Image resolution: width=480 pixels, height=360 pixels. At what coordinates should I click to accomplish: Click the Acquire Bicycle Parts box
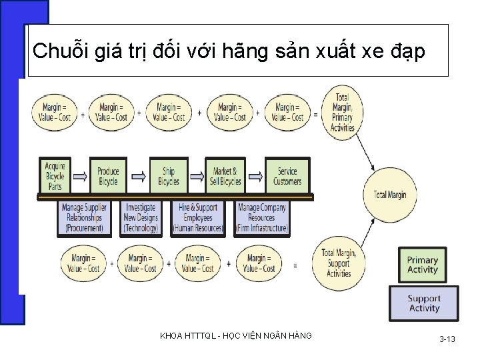pos(55,176)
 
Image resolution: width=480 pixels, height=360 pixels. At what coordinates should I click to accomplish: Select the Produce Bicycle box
pos(108,176)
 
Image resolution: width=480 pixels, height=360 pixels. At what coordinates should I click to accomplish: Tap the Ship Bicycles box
pos(169,176)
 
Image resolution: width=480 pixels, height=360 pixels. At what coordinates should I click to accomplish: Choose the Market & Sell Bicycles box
pos(226,176)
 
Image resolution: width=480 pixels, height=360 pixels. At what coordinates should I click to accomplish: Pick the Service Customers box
pos(287,176)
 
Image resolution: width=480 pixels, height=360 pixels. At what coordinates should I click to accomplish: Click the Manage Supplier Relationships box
pos(84,217)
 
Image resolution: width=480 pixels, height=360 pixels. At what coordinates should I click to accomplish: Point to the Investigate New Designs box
pos(141,217)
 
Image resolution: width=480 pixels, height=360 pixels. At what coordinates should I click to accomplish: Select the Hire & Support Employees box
pos(197,217)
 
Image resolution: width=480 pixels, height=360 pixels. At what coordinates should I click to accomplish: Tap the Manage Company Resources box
pos(262,217)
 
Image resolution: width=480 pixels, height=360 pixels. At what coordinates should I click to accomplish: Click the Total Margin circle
pos(390,195)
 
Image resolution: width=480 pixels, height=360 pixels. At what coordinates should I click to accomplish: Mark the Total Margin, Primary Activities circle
pos(342,113)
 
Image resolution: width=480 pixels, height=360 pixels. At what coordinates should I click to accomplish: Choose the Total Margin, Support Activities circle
pos(339,263)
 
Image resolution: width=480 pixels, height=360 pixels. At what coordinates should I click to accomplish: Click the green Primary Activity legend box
pos(423,265)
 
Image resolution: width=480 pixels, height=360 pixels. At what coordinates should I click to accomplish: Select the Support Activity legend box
pos(424,303)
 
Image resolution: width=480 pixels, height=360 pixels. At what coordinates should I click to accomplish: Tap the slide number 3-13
pos(447,339)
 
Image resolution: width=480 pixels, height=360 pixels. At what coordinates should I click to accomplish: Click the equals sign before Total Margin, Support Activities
pos(295,265)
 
